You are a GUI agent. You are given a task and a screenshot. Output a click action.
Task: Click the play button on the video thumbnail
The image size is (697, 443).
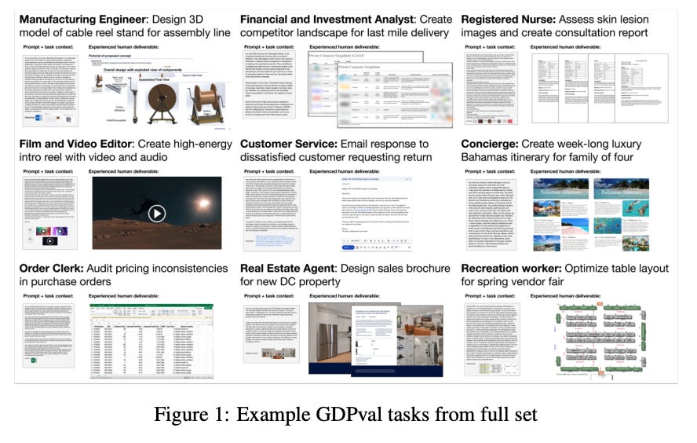point(157,213)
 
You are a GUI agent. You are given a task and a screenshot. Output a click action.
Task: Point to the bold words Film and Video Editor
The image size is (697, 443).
point(72,144)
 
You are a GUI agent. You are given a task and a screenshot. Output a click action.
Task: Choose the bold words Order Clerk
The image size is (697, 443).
point(52,268)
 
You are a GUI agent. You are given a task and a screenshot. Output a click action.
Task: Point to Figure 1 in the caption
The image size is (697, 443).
point(206,412)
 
